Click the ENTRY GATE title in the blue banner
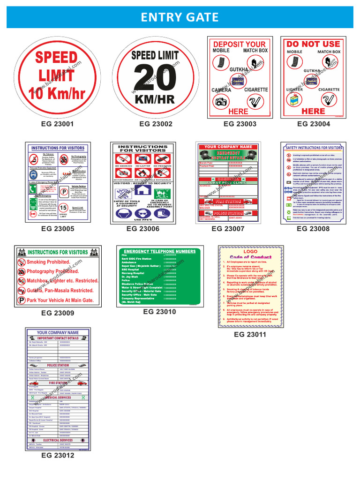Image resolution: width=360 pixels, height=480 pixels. (x=180, y=18)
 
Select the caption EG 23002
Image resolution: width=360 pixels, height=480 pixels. (x=156, y=124)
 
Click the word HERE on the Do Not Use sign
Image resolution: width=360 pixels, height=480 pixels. (x=313, y=111)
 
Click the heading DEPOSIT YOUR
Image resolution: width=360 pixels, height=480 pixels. (x=240, y=45)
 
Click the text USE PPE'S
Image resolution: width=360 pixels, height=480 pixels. (x=142, y=220)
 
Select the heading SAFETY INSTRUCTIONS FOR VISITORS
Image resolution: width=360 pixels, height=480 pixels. (x=314, y=148)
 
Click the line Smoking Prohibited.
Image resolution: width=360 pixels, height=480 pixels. (x=48, y=262)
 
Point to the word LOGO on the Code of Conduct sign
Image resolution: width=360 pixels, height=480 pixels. (x=250, y=252)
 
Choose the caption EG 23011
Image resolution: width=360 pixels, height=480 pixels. (x=250, y=335)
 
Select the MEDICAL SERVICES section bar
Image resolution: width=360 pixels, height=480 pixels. (x=58, y=397)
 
